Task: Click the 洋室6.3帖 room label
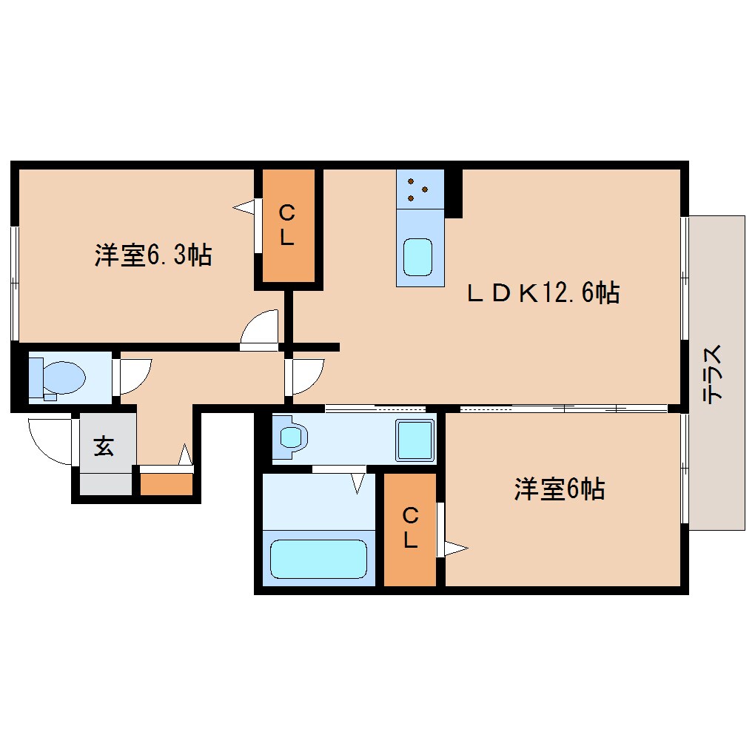153,255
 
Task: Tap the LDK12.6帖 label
543,292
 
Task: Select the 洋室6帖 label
560,489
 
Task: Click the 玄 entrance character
104,446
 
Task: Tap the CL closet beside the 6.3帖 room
288,225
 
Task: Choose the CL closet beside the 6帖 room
410,530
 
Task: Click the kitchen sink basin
417,257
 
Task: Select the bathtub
318,559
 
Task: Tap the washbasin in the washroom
290,437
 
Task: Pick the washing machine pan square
415,440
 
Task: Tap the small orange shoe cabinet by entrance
166,484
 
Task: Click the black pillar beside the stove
454,193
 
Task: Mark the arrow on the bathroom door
358,483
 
